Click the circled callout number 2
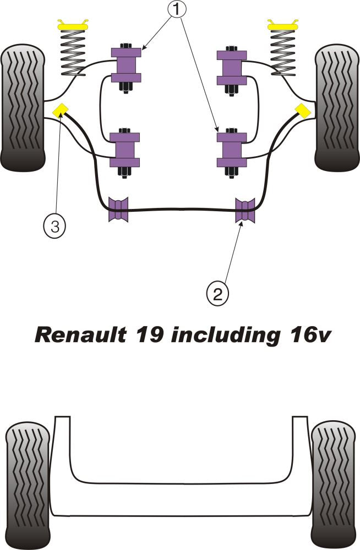217,294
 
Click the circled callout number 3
54,225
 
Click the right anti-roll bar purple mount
246,209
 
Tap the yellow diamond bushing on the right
302,111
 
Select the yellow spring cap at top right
283,25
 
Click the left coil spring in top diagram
73,52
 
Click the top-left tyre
23,107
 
